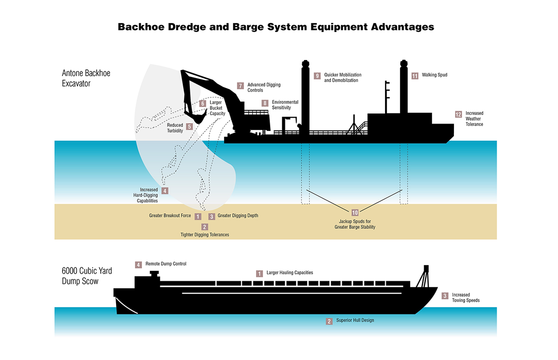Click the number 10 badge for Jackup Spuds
355,213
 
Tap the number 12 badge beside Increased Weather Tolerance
458,114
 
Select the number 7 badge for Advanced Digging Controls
241,85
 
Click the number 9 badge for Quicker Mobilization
317,76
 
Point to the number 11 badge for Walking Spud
415,76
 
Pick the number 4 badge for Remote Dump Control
139,264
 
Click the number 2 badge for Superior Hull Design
329,321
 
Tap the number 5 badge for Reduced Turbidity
190,126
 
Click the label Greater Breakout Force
170,216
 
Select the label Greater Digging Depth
238,216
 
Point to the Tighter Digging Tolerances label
205,235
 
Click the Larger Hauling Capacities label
290,273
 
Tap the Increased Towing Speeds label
466,298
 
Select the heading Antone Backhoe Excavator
86,78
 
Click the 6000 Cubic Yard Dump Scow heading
87,275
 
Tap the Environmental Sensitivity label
285,105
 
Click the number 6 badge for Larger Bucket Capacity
203,103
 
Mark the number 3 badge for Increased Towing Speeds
445,296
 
